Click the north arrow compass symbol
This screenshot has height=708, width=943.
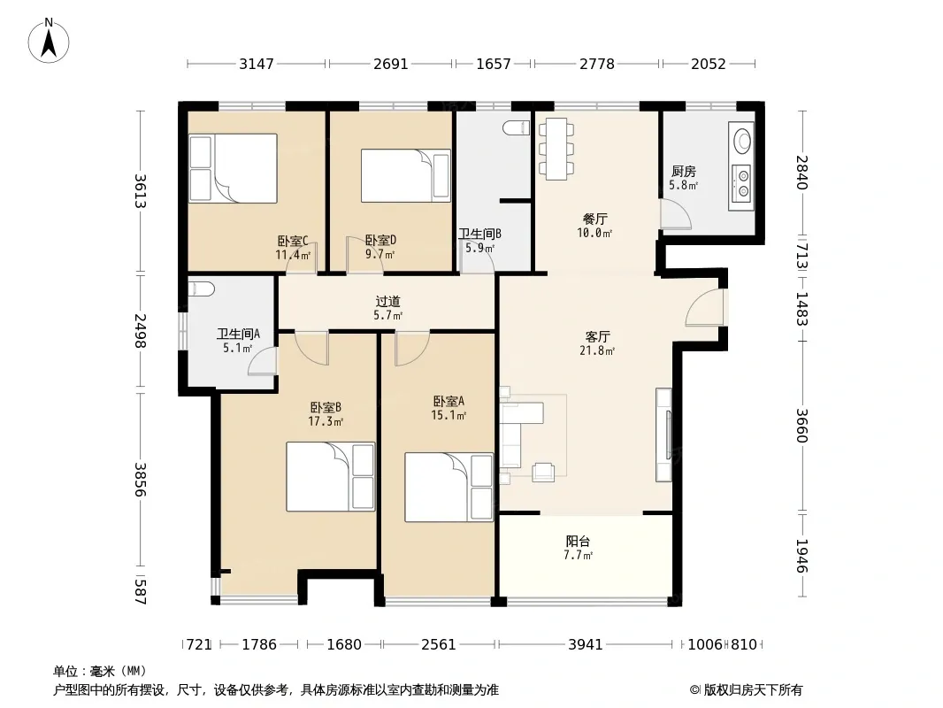49,41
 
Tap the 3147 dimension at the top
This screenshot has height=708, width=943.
257,64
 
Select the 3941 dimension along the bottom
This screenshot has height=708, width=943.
585,644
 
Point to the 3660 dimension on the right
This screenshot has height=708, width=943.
801,426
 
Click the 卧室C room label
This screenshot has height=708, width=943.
293,242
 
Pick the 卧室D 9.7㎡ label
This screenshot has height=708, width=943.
380,247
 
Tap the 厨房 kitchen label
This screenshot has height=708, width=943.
683,172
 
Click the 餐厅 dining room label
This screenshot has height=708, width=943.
594,219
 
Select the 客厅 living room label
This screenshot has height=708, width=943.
597,336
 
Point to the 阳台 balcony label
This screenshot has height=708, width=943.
578,541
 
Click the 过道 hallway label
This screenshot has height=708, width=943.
388,302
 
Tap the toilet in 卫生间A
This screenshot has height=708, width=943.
201,289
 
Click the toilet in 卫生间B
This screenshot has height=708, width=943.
516,127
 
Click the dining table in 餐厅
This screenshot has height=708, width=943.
556,149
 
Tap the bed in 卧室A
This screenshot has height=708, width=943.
448,488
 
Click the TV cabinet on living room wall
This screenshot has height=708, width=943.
663,435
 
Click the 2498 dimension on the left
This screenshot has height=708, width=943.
140,331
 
